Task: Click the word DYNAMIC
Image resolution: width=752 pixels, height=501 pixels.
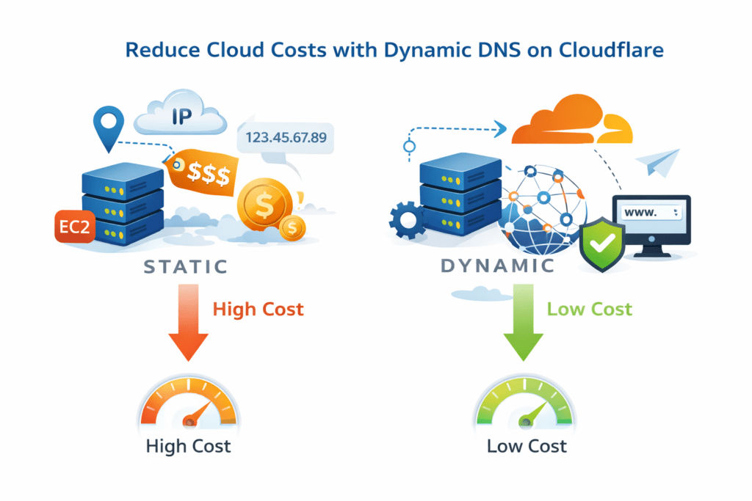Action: point(497,266)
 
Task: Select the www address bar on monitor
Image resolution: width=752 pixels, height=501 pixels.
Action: point(652,212)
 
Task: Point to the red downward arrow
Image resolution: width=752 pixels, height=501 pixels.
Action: point(189,323)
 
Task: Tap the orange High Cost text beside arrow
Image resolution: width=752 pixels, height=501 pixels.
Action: point(258,310)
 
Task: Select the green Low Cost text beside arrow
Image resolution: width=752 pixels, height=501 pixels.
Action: point(589,310)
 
